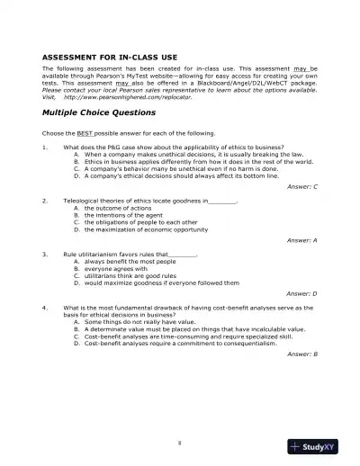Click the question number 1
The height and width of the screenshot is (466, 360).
coord(44,147)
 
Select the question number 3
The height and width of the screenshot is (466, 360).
coord(44,255)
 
